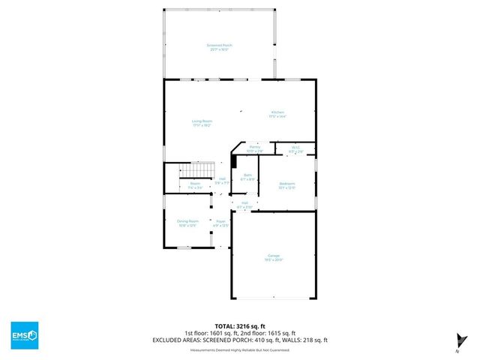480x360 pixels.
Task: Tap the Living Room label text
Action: point(202,123)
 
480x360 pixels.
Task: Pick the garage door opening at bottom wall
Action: point(274,298)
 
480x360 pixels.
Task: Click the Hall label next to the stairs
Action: point(221,180)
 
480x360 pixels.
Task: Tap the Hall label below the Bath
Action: point(244,204)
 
